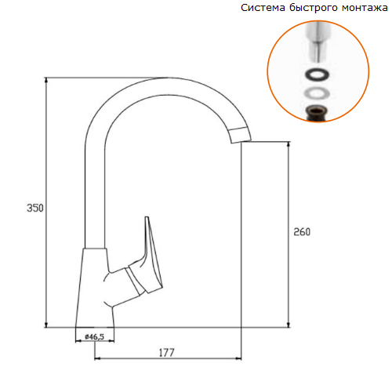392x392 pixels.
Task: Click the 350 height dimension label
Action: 35,208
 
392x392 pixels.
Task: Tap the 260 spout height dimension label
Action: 302,232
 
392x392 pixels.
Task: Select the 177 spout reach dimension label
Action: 167,353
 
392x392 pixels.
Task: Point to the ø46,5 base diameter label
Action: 94,336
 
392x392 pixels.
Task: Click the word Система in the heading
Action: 263,8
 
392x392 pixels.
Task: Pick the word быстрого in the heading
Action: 313,9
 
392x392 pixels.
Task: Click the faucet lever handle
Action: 147,260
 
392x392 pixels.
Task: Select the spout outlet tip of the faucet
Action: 241,136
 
